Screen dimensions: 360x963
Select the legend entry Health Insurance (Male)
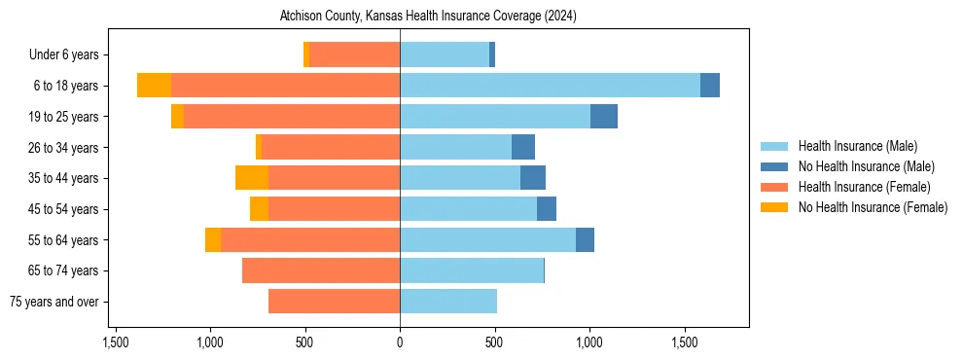click(857, 146)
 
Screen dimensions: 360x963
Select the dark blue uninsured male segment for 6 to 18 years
click(710, 86)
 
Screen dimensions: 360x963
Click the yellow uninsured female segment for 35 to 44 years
click(252, 178)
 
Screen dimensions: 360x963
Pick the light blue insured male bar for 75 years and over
click(448, 302)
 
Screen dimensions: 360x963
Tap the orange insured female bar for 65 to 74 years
click(321, 270)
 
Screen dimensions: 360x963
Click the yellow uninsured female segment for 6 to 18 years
click(154, 86)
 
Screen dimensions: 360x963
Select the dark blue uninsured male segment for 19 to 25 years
click(604, 117)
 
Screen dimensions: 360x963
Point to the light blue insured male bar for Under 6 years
click(445, 55)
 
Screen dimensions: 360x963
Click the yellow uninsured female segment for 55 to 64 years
click(213, 240)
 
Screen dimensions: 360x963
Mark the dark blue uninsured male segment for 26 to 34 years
click(523, 147)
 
